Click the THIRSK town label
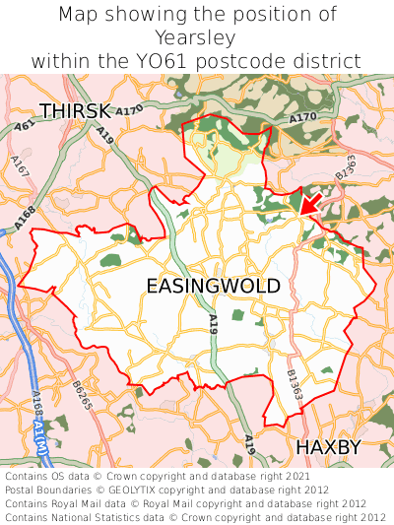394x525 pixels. tap(74, 110)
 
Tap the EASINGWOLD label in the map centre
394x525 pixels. tap(213, 286)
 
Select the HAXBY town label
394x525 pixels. tap(329, 447)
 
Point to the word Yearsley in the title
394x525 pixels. tap(197, 38)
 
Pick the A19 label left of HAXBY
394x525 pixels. tap(250, 445)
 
